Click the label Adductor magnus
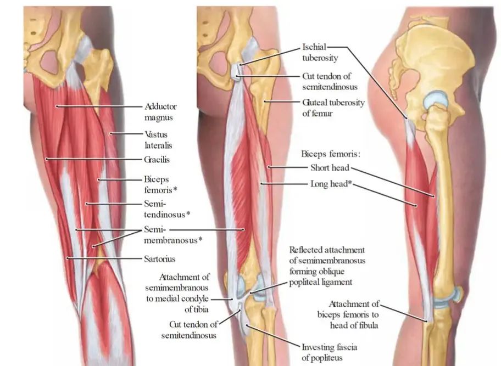click(160, 112)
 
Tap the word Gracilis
click(157, 160)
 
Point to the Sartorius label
click(160, 258)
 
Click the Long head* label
click(331, 184)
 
